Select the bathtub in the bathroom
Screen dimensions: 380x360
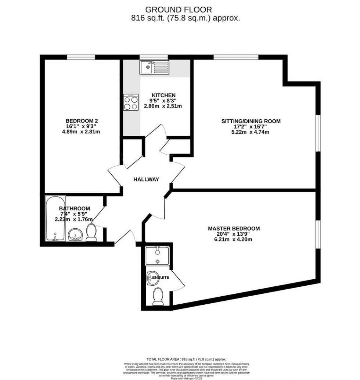(55, 218)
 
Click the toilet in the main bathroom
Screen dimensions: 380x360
(91, 233)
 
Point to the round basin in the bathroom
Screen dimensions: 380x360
(75, 234)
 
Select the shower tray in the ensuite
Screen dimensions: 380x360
(157, 256)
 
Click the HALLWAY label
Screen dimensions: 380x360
(146, 180)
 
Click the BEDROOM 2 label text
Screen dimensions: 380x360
(82, 121)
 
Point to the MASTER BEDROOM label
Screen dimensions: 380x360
(234, 228)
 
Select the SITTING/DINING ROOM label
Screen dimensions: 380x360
(251, 121)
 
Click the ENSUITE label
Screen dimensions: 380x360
(161, 278)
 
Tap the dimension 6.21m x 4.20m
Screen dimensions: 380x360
(234, 239)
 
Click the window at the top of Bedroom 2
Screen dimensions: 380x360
(81, 57)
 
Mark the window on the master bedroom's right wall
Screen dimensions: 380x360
(318, 234)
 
